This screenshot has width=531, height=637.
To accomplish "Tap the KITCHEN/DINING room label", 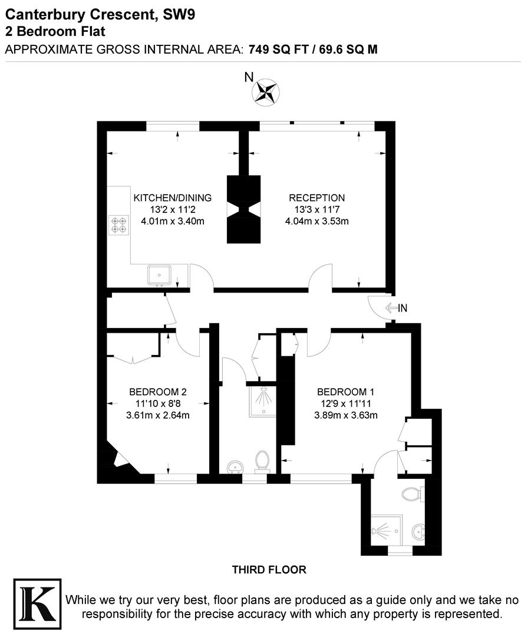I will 172,198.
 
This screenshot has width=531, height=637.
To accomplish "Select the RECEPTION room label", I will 316,198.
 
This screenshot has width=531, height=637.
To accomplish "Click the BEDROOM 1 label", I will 345,392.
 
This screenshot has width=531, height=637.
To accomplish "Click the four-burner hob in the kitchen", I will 118,225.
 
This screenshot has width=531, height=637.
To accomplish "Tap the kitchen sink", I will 160,275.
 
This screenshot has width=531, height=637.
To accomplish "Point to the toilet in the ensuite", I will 412,493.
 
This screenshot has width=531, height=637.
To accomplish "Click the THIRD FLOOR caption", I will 269,570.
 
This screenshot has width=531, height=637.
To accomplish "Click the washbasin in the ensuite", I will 418,531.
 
